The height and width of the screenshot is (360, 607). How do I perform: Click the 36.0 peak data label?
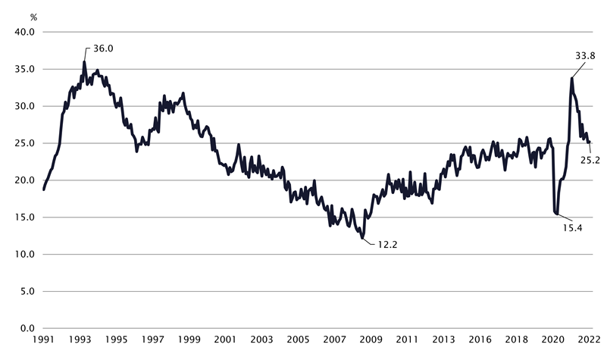(x=102, y=49)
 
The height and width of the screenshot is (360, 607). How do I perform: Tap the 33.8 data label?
(x=585, y=56)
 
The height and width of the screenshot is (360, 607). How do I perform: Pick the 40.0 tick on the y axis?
(x=24, y=32)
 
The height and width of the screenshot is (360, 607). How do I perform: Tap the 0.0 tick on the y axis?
(x=27, y=328)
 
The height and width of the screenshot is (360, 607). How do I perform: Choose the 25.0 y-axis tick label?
(x=24, y=143)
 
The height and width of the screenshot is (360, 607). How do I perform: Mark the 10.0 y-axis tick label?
(x=24, y=254)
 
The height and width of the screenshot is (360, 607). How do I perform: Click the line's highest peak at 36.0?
(x=84, y=62)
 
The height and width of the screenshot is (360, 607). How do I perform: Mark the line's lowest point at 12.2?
(x=363, y=238)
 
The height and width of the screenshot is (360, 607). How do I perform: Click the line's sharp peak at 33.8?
(x=571, y=77)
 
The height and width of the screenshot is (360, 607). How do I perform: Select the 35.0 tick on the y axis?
(x=24, y=69)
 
